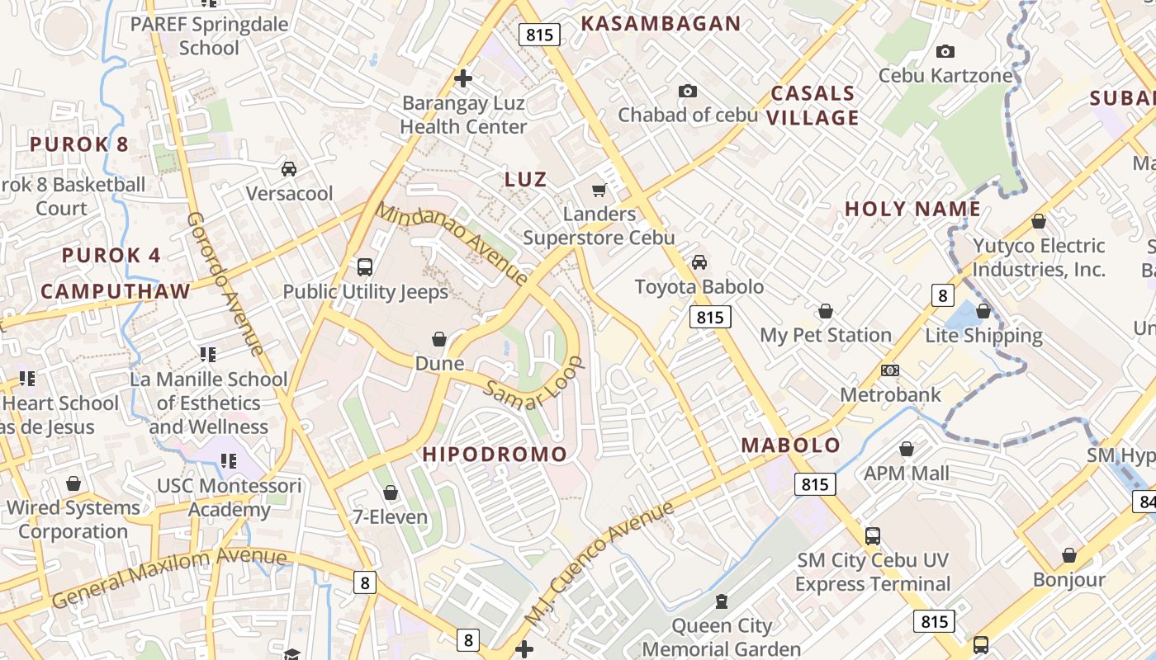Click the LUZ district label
point(525,179)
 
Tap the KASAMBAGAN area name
point(661,23)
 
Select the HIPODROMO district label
point(495,454)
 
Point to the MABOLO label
point(790,445)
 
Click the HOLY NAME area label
point(912,210)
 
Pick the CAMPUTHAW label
point(116,291)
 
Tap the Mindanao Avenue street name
point(452,243)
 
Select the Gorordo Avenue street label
point(225,285)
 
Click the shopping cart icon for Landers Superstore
point(599,191)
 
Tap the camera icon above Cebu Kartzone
point(945,52)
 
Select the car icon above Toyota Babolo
point(699,262)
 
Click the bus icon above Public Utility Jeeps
point(365,267)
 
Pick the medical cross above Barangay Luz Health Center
point(463,78)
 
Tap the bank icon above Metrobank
point(890,370)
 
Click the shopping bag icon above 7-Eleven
point(391,493)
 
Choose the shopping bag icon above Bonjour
point(1069,555)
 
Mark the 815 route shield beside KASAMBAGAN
point(540,35)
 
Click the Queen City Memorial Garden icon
point(721,601)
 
